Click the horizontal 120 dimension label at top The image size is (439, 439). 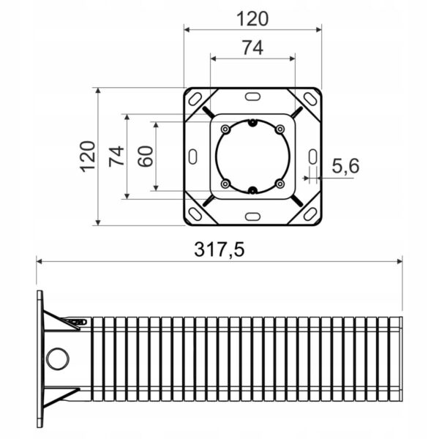(x=252, y=18)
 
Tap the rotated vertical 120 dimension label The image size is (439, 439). (x=89, y=156)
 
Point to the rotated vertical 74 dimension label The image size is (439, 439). (x=116, y=156)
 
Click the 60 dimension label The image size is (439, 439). (x=146, y=156)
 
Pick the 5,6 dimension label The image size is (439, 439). (x=345, y=167)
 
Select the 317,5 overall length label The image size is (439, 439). (x=219, y=249)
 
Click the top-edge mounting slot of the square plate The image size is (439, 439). (x=252, y=96)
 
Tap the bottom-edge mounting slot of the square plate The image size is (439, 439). (x=252, y=216)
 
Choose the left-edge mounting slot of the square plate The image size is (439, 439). (x=192, y=156)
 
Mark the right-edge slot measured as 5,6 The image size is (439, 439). (x=312, y=156)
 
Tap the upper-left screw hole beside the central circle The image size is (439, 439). (x=225, y=130)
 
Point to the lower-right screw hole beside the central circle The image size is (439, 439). (x=279, y=183)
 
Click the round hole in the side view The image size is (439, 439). (x=56, y=359)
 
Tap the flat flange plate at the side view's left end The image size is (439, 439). (x=39, y=359)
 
